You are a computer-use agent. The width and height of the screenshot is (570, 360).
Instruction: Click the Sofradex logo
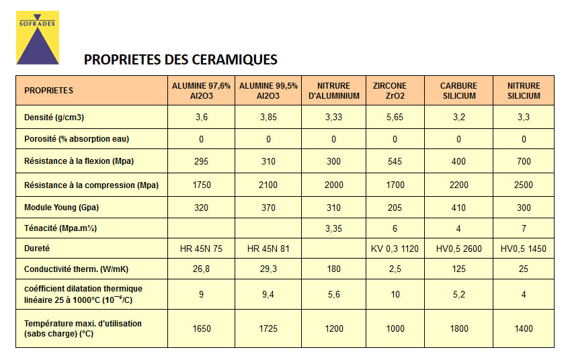[38, 38]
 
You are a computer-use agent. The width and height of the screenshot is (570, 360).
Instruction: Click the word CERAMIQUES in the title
[235, 60]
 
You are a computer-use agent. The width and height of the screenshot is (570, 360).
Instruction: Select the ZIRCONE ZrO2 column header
[390, 91]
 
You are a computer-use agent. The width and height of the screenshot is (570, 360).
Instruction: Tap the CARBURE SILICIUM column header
[459, 91]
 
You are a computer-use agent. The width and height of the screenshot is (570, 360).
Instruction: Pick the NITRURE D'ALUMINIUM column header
[333, 91]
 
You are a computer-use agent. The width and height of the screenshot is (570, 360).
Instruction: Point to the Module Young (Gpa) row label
[61, 208]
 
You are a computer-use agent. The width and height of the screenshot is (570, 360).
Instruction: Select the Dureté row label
[37, 249]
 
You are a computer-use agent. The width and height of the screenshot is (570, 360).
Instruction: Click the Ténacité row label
[60, 228]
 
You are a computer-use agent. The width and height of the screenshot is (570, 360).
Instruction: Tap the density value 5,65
[395, 118]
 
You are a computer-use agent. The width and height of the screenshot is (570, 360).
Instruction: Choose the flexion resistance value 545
[395, 161]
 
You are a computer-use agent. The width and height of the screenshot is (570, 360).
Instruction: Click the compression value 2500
[524, 185]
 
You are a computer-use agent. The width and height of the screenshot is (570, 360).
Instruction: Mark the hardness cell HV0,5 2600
[459, 249]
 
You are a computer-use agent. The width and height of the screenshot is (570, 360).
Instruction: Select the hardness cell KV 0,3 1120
[395, 249]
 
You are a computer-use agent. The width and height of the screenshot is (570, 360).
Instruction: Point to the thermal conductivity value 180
[333, 269]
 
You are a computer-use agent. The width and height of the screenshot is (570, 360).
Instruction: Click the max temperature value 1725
[268, 328]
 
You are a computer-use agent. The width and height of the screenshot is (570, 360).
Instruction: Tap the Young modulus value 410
[459, 208]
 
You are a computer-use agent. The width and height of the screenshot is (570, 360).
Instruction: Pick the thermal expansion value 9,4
[268, 295]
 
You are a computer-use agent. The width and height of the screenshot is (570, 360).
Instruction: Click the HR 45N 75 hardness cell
[201, 249]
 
